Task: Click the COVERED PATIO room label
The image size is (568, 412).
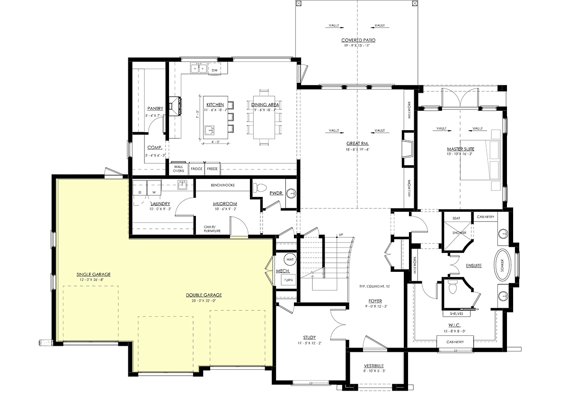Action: click(358, 40)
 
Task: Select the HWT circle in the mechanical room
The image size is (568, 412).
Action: click(290, 260)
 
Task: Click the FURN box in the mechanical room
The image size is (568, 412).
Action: click(288, 280)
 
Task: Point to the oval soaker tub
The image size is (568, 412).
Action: click(502, 265)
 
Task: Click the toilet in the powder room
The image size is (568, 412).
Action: click(260, 188)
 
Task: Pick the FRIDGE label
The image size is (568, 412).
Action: click(196, 169)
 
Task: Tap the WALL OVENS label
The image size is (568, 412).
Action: click(178, 169)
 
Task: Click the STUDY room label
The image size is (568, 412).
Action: click(310, 337)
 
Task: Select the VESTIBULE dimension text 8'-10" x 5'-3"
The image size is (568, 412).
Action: click(374, 371)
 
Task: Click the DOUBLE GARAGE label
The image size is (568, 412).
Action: click(204, 295)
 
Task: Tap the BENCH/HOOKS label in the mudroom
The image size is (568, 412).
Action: click(222, 185)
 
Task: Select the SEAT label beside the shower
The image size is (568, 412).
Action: click(456, 218)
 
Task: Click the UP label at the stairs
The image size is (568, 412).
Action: click(341, 235)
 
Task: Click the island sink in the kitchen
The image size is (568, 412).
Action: click(209, 131)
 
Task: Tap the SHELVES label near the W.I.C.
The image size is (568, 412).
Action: click(456, 314)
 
